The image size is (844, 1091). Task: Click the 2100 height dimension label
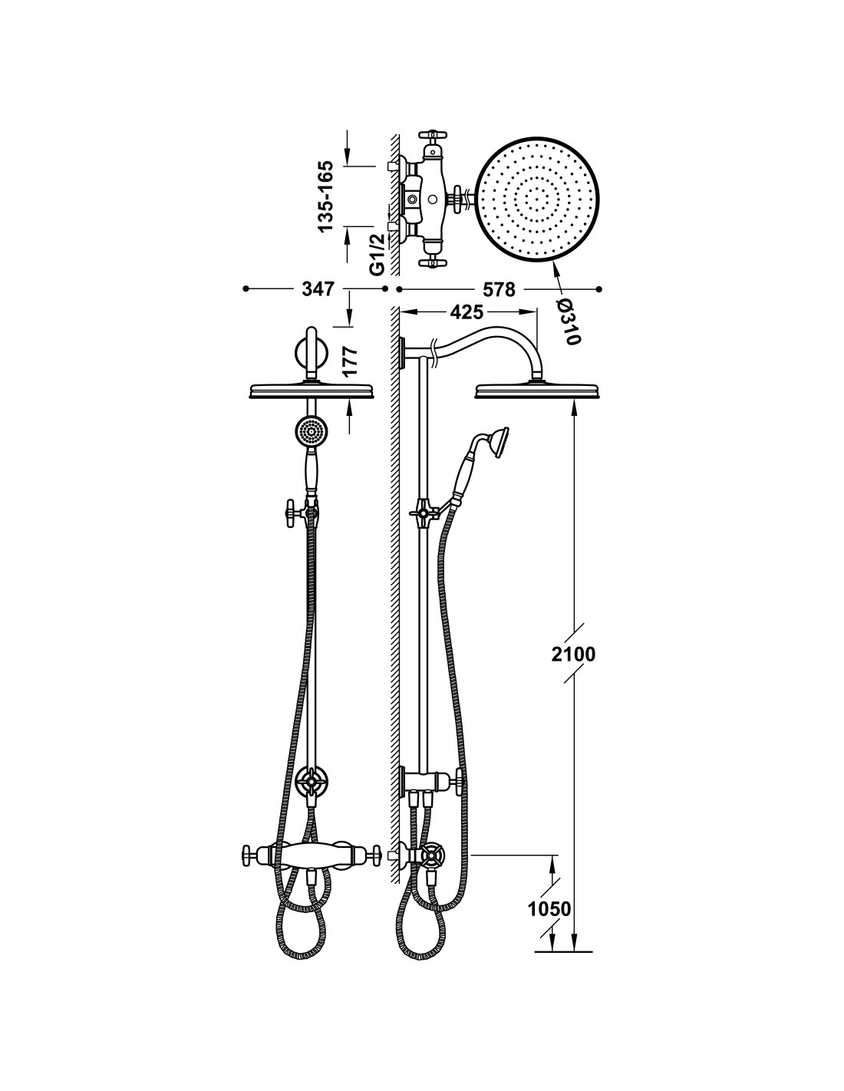pyautogui.click(x=573, y=654)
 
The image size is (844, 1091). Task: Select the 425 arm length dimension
pyautogui.click(x=467, y=312)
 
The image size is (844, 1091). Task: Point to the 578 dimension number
pyautogui.click(x=499, y=289)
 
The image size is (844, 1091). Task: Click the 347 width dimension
pyautogui.click(x=318, y=289)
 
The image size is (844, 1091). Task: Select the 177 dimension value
pyautogui.click(x=350, y=361)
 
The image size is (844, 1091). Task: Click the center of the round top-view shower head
pyautogui.click(x=537, y=199)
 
